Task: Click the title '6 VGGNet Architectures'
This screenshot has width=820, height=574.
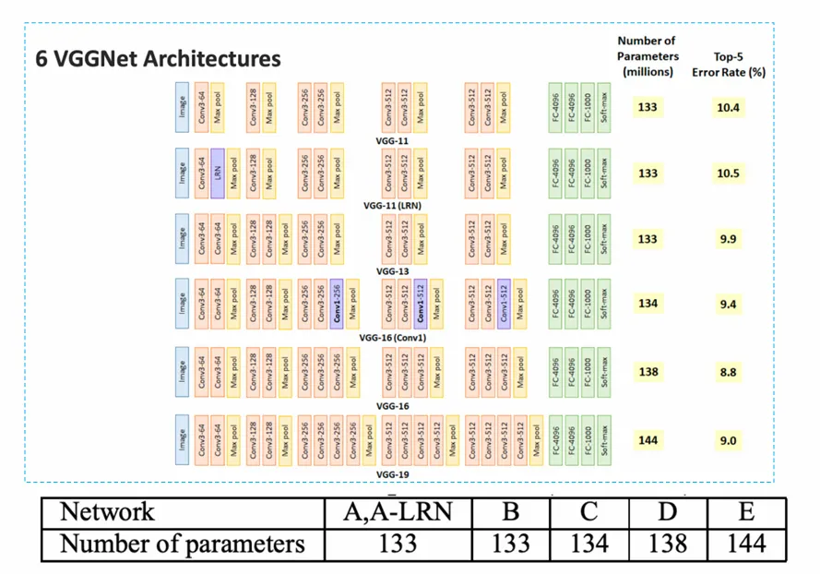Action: [158, 59]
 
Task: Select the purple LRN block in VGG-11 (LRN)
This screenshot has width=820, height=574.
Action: [218, 173]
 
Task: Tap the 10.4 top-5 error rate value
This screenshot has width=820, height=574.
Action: [729, 107]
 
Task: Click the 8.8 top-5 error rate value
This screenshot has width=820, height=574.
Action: [729, 372]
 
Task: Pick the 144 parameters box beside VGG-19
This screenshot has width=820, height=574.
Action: [648, 440]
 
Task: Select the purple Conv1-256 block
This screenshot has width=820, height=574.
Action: [337, 305]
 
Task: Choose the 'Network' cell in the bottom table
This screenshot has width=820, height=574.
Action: [108, 512]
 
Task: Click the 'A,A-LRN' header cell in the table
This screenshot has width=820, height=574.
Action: [398, 512]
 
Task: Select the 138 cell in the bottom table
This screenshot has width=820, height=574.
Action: [667, 544]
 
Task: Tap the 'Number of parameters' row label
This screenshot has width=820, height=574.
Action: [182, 544]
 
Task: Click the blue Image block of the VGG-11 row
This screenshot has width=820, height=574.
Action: [183, 107]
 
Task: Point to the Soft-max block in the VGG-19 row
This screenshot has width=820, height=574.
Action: [604, 440]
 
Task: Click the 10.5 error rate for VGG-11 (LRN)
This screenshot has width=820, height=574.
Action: [729, 173]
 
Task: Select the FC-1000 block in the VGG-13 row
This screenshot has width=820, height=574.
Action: [588, 239]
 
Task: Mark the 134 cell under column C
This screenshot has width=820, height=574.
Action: [589, 544]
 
